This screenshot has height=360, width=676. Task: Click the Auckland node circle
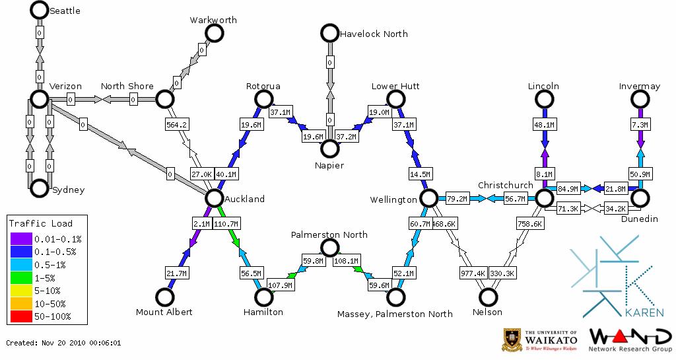tap(214, 198)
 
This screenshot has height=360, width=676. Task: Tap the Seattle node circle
tap(39, 10)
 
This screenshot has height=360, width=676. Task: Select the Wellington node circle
tap(429, 198)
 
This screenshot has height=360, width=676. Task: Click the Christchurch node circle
tap(544, 198)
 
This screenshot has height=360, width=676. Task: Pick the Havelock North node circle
tap(329, 33)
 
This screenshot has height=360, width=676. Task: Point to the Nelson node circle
tap(489, 297)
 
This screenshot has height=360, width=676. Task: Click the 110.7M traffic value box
tap(226, 224)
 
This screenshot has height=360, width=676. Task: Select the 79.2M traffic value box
tap(457, 198)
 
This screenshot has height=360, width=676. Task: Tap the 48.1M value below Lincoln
tap(545, 124)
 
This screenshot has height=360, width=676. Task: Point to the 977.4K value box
tap(473, 273)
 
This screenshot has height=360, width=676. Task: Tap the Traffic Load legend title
tap(41, 223)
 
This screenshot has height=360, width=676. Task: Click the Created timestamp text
tap(63, 343)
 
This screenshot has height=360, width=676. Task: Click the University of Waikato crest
tap(513, 340)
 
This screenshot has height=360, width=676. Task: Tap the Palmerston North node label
tap(330, 234)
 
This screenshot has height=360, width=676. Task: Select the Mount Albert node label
tap(164, 312)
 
